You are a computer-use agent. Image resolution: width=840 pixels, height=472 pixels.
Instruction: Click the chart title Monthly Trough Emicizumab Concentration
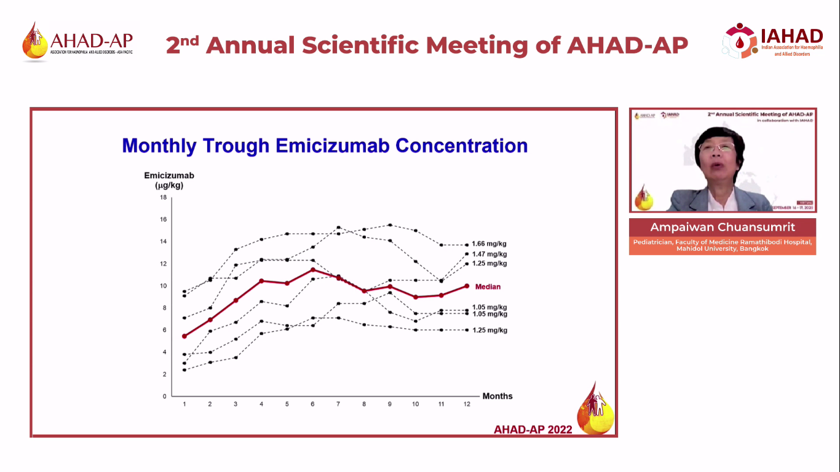[325, 146]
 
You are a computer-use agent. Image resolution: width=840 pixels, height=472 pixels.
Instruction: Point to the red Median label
[488, 287]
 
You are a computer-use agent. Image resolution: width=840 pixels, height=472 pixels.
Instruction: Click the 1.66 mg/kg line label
[489, 244]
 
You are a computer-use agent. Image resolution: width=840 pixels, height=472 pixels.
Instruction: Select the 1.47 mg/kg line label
[489, 254]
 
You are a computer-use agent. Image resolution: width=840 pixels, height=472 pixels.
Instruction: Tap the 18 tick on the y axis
[163, 197]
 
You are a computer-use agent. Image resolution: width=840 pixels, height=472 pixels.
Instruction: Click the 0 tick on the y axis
[164, 396]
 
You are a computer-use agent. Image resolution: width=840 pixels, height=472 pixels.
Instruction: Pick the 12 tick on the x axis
[467, 404]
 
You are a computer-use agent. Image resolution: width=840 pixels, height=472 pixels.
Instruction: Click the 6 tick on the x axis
[312, 404]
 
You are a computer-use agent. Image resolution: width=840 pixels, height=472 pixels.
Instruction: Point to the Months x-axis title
[497, 396]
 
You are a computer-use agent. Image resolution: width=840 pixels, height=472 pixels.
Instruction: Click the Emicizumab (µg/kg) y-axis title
[168, 180]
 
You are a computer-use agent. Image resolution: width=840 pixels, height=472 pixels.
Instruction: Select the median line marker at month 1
[184, 336]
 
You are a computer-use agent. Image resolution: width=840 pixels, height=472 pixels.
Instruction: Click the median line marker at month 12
[467, 286]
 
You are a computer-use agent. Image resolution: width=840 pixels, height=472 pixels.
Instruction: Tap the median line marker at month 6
[312, 270]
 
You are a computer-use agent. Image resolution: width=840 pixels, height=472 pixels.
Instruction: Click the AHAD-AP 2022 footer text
[533, 430]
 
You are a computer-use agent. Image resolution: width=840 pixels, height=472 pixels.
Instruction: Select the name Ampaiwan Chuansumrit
[723, 227]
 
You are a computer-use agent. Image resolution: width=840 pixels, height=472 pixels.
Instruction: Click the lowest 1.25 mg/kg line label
[489, 331]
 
